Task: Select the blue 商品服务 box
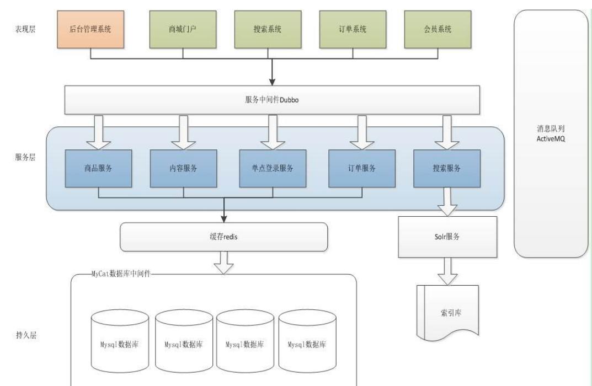coord(98,168)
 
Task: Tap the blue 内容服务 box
coord(183,168)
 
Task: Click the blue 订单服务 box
coord(362,168)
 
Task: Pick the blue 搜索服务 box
coord(447,168)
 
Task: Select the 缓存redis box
coord(223,237)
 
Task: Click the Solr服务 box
coord(447,237)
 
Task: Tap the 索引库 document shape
coord(447,312)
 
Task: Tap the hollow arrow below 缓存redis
coord(223,262)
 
